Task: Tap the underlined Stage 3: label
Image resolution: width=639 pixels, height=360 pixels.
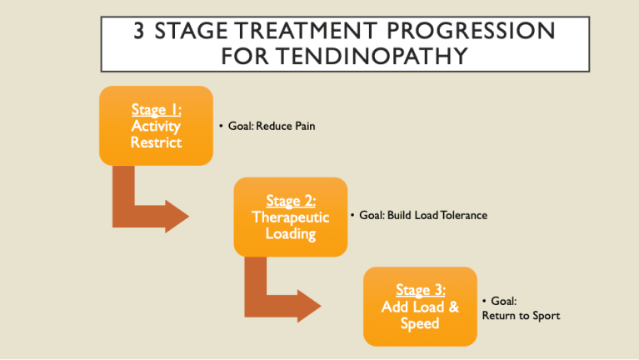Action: tap(420, 290)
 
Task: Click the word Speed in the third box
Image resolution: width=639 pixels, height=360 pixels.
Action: tap(420, 323)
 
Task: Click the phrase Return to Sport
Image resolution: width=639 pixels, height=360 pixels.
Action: tap(521, 316)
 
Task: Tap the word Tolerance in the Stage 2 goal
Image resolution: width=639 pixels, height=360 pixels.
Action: tap(461, 215)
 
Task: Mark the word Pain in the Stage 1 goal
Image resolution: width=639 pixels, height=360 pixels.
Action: tap(305, 126)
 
